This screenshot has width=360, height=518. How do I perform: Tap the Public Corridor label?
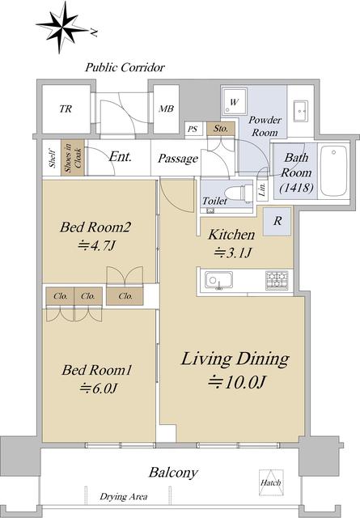coord(125,68)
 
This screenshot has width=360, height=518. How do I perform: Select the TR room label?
coord(66,108)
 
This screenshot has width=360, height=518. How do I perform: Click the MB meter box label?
coord(166,108)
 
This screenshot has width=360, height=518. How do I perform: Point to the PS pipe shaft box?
coord(193,129)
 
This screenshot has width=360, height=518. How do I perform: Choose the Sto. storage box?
coord(221,129)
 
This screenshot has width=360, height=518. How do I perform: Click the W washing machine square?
coord(234,102)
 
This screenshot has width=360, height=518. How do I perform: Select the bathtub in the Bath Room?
coord(333,171)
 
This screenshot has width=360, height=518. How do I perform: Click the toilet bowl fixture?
coord(239,192)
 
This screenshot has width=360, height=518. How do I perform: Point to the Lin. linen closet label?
coord(263,190)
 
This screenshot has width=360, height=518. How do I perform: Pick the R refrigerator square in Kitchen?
coord(277,221)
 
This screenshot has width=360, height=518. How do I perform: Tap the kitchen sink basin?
coord(218,281)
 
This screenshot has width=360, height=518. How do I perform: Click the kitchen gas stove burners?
coord(277,281)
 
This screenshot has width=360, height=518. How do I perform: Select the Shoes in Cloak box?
coord(72,158)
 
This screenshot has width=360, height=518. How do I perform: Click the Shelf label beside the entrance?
coord(53,158)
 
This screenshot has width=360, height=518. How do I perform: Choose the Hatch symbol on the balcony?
coord(270,482)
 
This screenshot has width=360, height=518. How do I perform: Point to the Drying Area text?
coord(124,496)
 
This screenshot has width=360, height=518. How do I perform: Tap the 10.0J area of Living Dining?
coord(237,382)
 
